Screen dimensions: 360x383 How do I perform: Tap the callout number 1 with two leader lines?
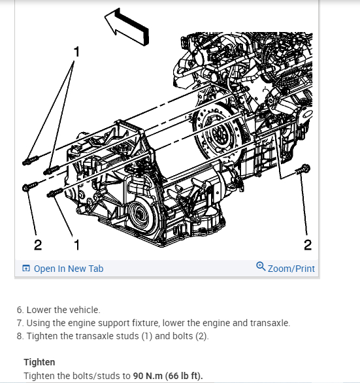(76, 52)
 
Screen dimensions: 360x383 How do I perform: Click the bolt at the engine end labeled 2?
(304, 169)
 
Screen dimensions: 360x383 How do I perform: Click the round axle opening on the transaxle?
(140, 215)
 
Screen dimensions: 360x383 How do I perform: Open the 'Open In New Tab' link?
(69, 269)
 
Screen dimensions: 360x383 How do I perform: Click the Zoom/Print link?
(291, 269)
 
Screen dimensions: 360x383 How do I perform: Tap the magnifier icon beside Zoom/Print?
(261, 267)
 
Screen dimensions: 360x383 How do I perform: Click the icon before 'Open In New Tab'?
(26, 268)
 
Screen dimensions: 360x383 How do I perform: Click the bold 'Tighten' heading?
(39, 362)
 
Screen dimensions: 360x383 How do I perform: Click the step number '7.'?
(20, 323)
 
